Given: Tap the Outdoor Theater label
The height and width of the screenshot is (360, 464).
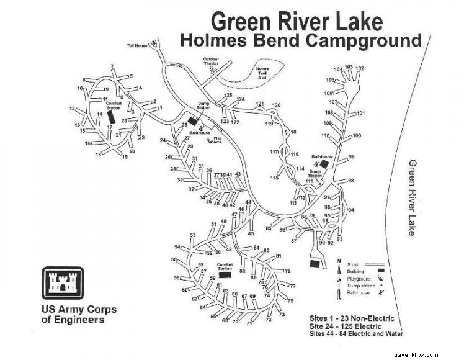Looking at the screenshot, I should tap(212, 61).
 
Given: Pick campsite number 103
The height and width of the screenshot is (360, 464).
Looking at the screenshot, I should tap(349, 67).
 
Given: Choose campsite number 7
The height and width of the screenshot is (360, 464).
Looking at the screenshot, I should tap(112, 66).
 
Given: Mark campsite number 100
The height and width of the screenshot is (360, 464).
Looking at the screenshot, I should tap(357, 135).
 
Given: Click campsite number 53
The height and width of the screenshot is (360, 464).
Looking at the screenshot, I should tap(193, 235).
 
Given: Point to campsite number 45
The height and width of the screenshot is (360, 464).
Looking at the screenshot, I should tap(251, 233).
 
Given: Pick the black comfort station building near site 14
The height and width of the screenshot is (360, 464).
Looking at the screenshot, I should tap(110, 116).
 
